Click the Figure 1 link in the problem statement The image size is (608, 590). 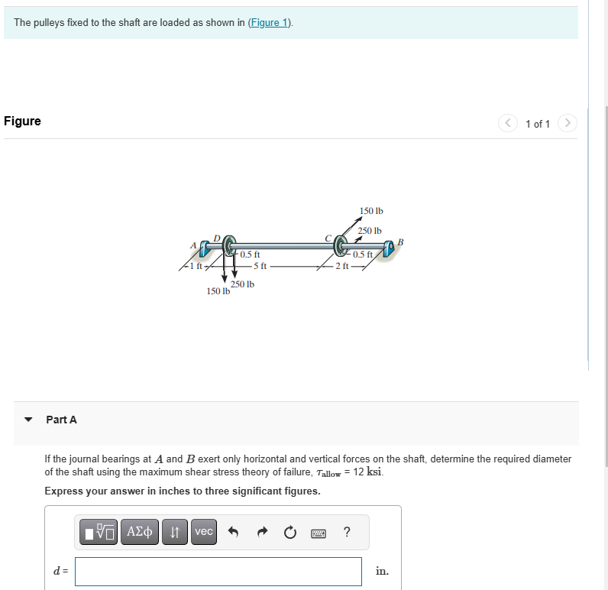(270, 23)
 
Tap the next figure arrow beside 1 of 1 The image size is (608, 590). (567, 123)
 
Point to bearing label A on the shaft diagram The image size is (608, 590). (192, 245)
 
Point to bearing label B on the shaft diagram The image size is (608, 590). (399, 243)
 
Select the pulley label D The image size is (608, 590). (217, 238)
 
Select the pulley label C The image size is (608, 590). (328, 238)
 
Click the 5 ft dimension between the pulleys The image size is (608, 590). (259, 266)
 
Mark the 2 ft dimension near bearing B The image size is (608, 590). (342, 266)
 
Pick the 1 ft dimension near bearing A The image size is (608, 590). (196, 266)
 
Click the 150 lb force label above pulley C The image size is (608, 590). (371, 210)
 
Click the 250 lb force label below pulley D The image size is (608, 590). (242, 284)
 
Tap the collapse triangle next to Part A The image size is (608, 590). (29, 420)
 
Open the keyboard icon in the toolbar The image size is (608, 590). (319, 532)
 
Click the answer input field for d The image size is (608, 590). (218, 571)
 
